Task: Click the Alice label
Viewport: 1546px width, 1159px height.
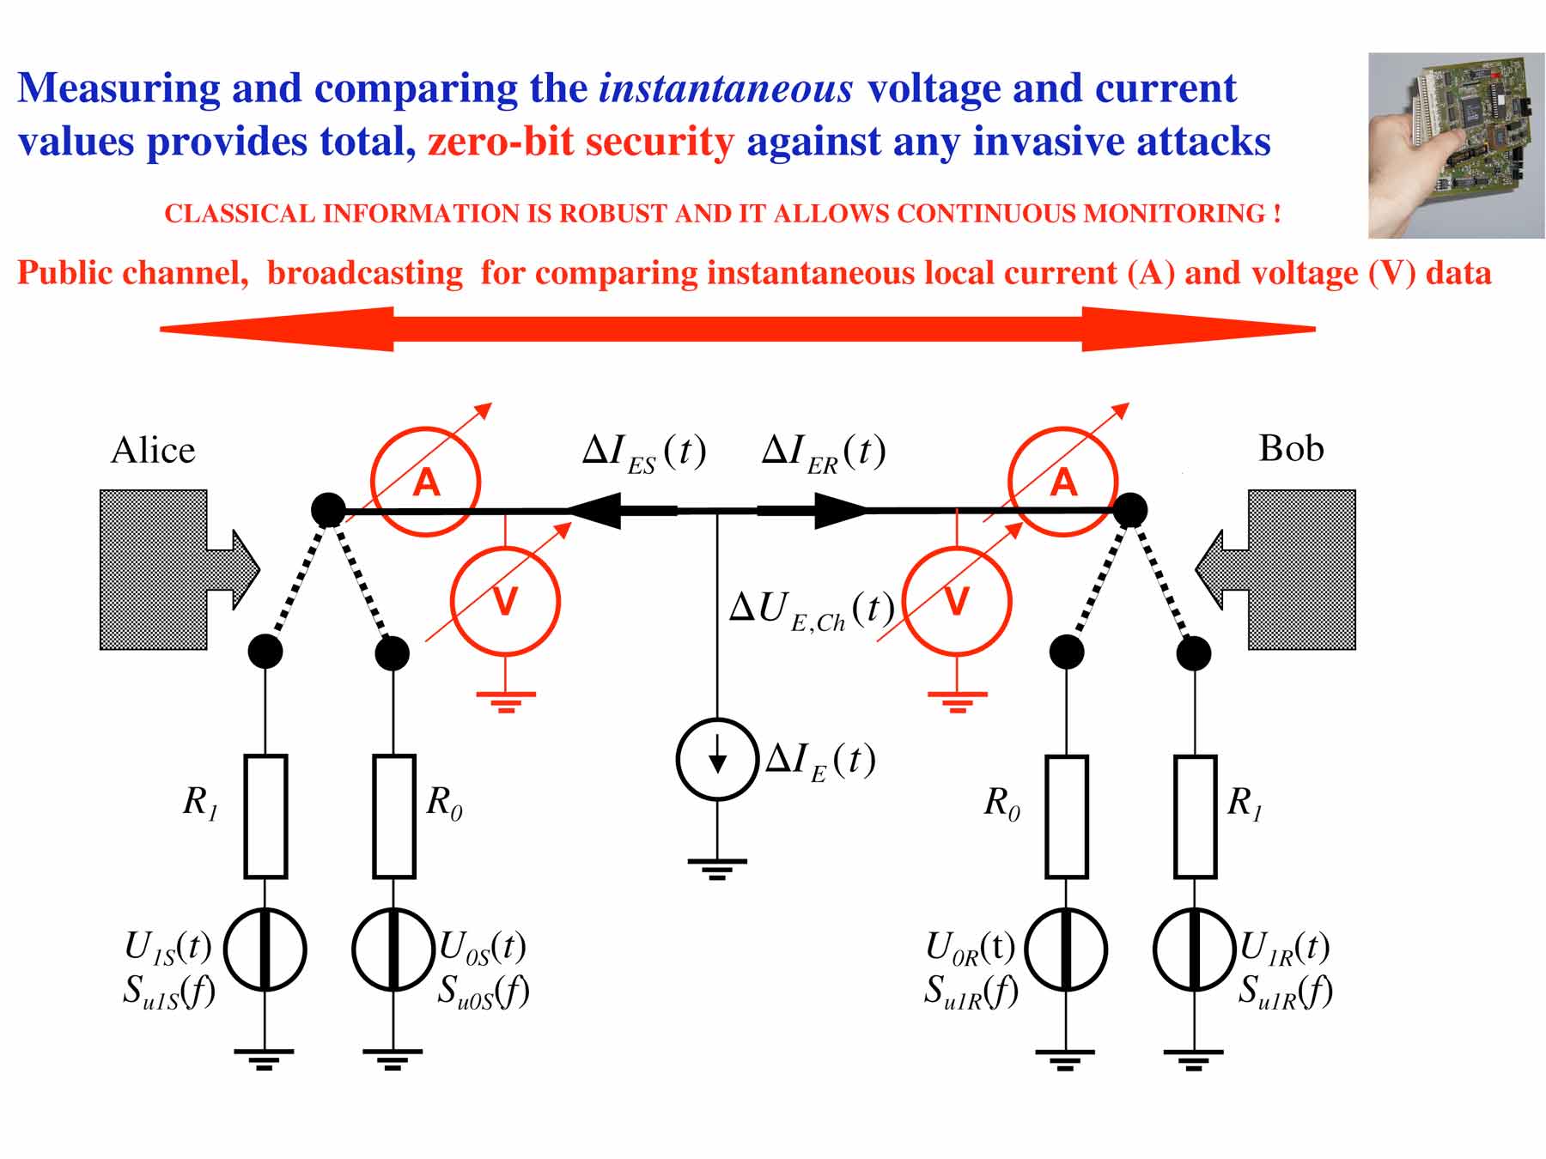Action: pos(153,450)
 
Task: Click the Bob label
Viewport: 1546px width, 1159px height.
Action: pos(1291,448)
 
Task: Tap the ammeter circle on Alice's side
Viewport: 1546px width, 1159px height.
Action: pos(425,482)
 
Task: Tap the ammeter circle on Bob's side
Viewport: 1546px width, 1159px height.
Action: pos(1062,482)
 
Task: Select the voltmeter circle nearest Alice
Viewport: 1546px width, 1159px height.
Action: pos(505,601)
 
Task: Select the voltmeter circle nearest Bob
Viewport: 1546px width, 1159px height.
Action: pos(957,601)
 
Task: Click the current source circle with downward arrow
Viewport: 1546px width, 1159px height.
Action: pos(717,759)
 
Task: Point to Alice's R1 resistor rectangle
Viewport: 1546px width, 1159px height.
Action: pos(265,816)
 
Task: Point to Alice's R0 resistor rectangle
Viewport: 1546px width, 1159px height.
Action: pos(393,816)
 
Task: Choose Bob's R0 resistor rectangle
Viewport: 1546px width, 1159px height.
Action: pos(1066,816)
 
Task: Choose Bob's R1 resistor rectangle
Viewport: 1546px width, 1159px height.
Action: pos(1195,816)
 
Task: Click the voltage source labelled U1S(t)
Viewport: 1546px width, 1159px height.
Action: pos(265,950)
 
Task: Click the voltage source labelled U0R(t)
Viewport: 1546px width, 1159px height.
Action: pos(1066,950)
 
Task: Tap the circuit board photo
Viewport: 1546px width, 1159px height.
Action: pos(1456,145)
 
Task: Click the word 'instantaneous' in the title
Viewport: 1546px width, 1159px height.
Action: pos(726,88)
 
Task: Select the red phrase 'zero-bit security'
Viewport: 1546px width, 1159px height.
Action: pos(581,142)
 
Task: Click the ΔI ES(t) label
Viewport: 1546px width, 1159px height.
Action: pos(644,452)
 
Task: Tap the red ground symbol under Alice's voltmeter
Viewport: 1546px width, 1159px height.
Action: pos(506,701)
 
